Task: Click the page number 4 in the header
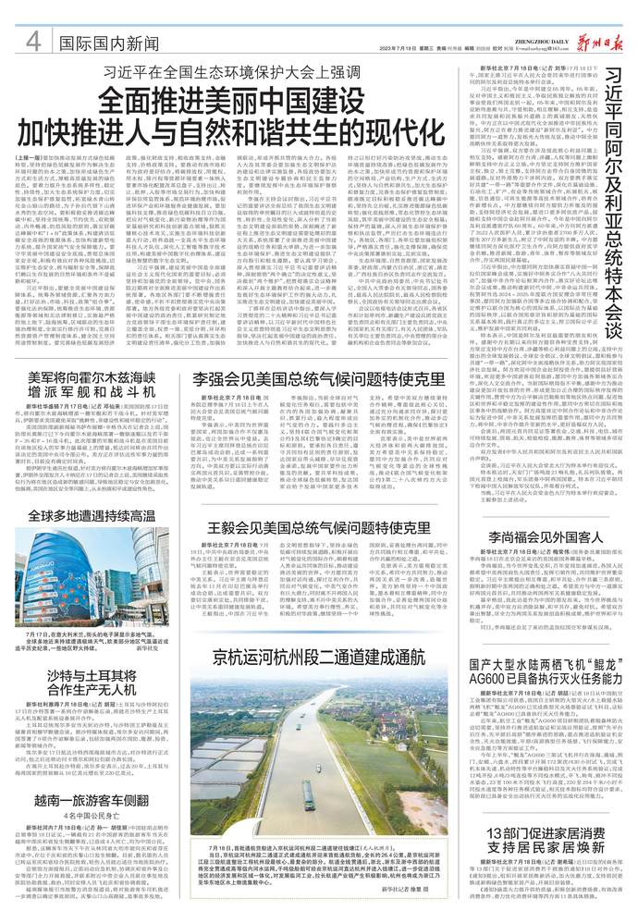(32, 43)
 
